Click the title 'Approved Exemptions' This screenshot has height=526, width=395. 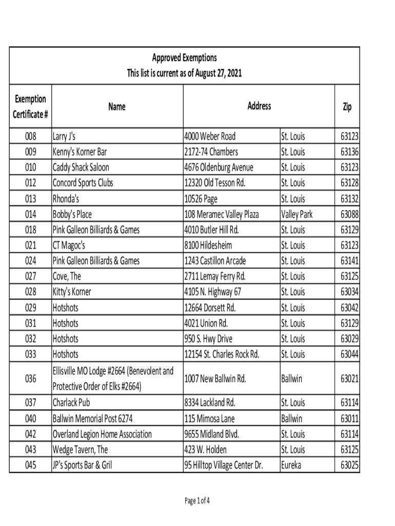184,58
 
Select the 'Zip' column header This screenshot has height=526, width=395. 347,106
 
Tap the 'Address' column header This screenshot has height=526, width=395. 259,106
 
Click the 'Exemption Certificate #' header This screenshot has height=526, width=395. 30,106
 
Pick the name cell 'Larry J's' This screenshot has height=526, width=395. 64,136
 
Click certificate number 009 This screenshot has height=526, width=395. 31,152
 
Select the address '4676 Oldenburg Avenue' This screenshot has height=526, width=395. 219,167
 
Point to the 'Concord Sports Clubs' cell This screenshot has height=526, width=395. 83,183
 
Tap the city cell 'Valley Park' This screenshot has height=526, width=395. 297,214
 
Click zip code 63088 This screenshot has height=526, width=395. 349,214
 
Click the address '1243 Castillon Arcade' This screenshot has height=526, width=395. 215,261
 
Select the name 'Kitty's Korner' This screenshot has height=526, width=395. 72,292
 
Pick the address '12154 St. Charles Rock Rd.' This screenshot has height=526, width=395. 222,354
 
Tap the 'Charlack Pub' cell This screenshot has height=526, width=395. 71,403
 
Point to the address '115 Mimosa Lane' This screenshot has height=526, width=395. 209,419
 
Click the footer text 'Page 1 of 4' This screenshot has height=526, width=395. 197,501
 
